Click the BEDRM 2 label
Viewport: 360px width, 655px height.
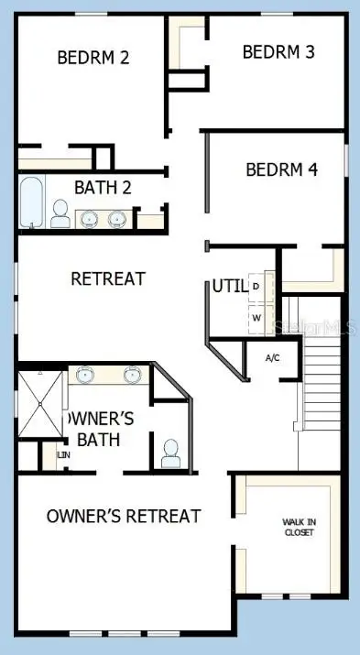[93, 57]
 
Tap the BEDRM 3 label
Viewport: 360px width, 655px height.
[278, 51]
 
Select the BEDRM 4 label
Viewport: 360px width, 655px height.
[281, 169]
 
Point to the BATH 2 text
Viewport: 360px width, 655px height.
[103, 189]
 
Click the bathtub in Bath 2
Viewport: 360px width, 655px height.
[31, 202]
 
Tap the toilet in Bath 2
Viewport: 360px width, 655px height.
[60, 215]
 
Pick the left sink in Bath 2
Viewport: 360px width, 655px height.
[91, 219]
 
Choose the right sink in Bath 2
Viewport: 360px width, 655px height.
[117, 219]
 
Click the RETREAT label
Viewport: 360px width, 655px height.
[108, 278]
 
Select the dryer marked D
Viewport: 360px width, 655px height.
[256, 286]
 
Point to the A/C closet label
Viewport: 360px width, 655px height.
[272, 357]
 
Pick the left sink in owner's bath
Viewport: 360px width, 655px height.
[84, 375]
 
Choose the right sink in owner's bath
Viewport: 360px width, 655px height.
[131, 375]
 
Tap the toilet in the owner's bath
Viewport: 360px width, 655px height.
[169, 453]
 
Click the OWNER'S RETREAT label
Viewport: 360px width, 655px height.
[124, 517]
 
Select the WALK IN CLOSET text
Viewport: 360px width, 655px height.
[298, 527]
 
